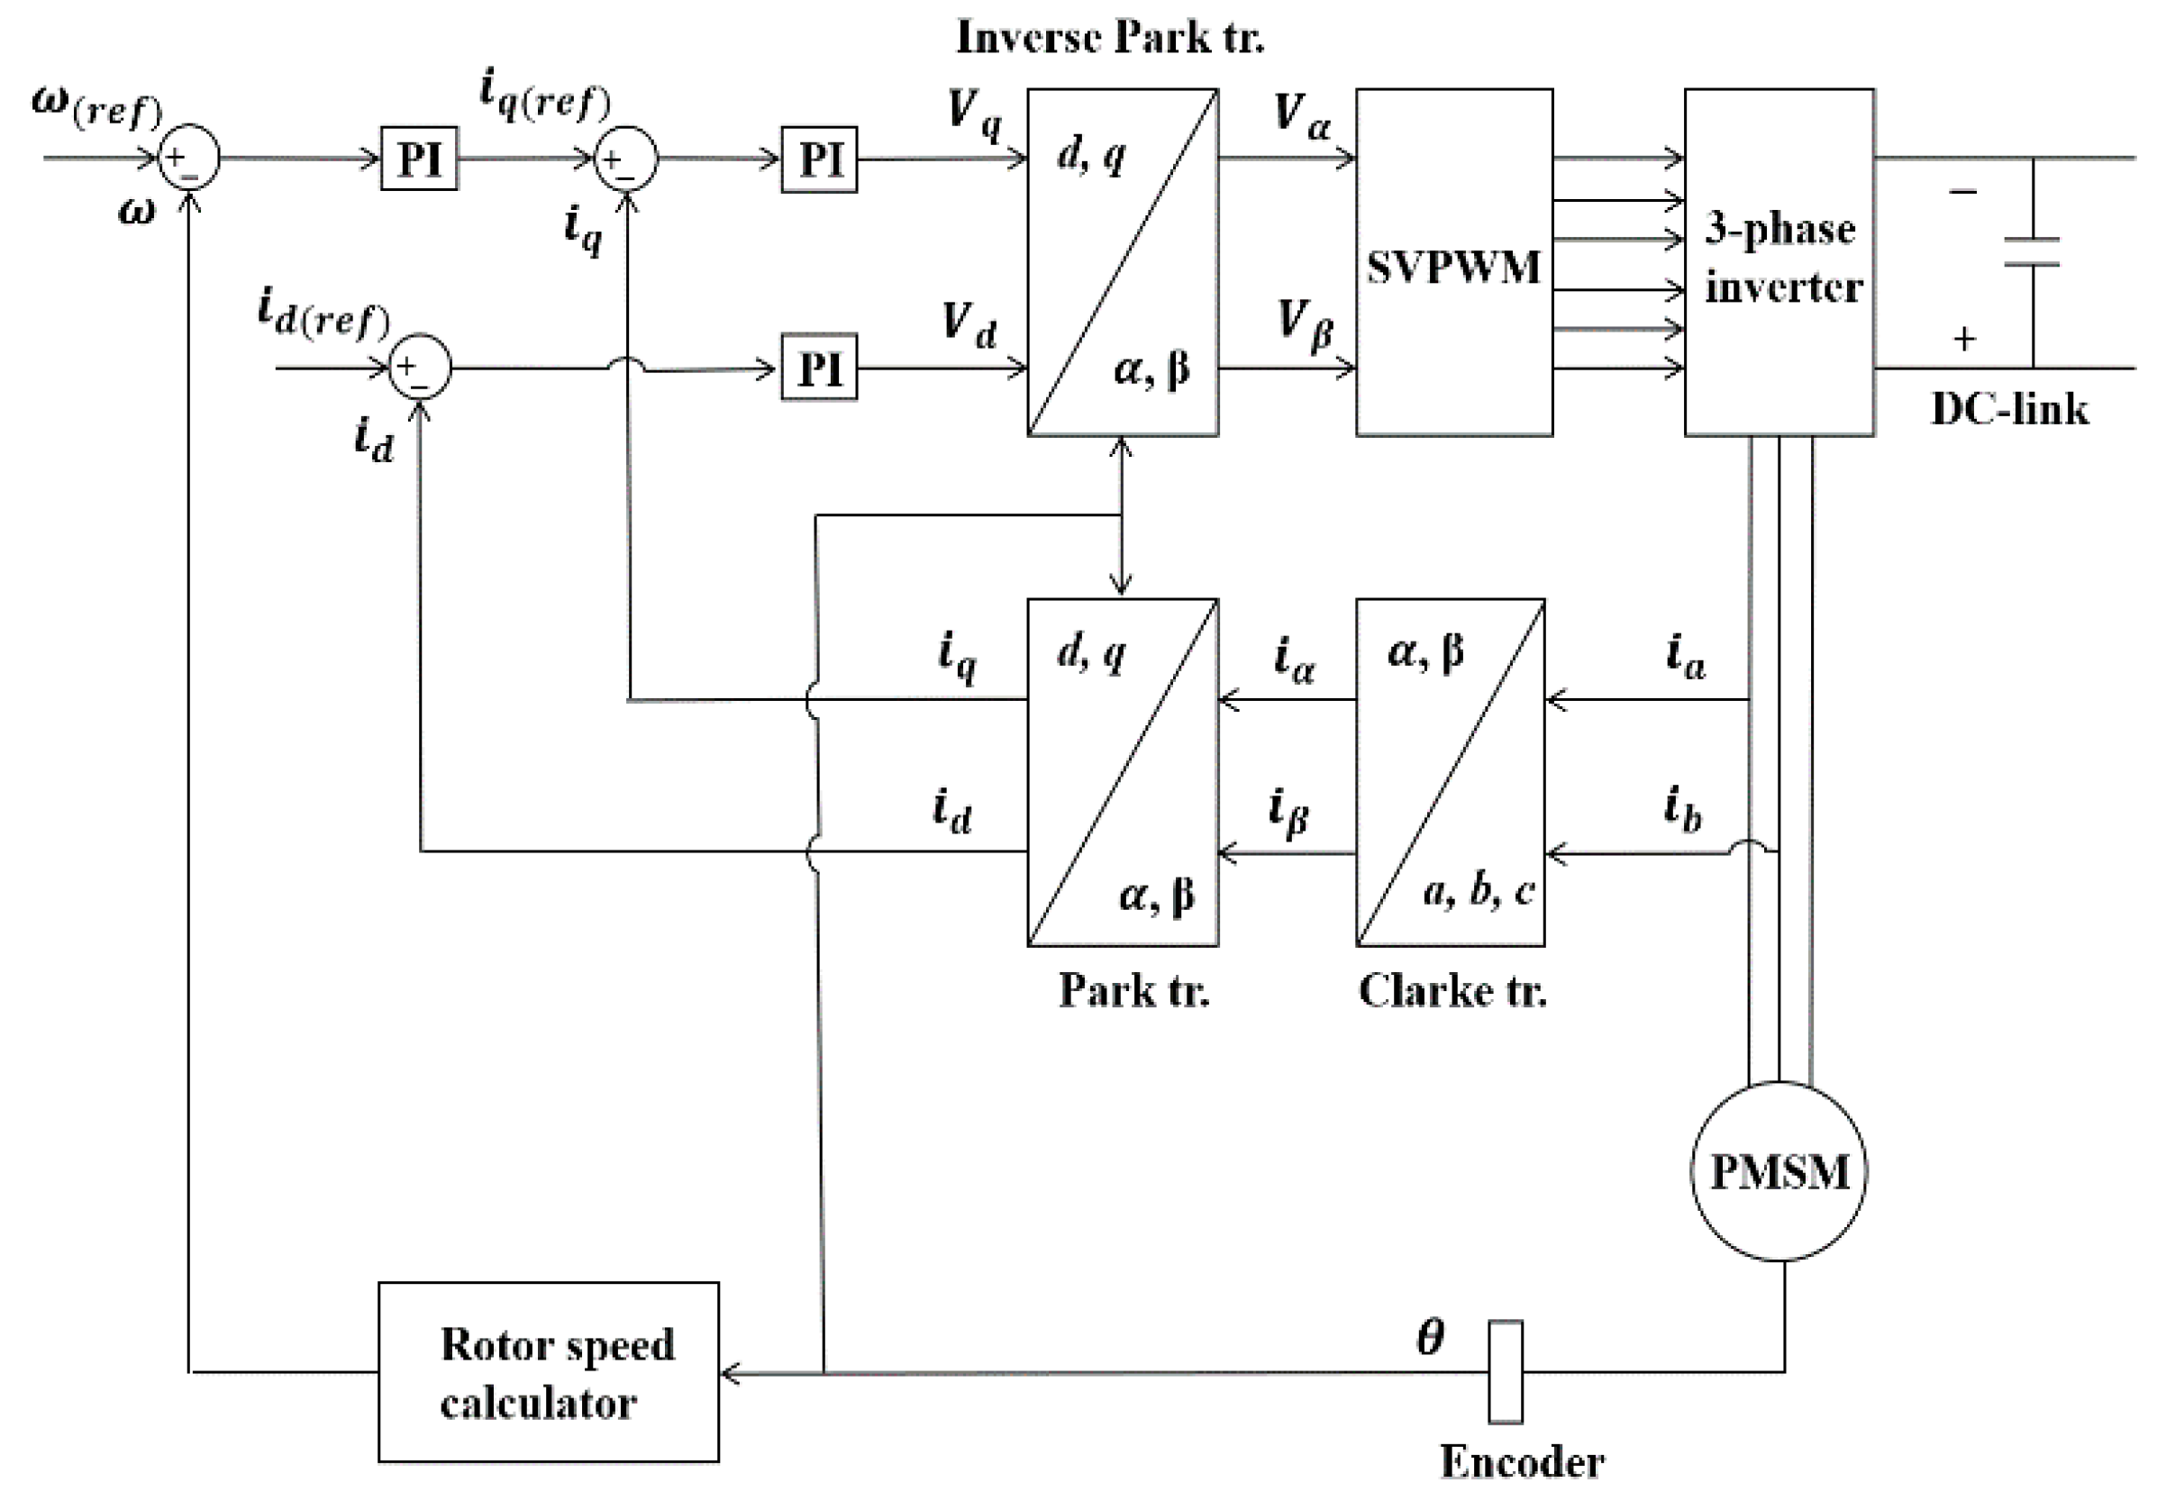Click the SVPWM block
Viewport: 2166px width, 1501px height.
[1453, 263]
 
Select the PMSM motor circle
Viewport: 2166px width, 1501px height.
[1778, 1172]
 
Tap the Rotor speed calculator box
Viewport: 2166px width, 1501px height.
[549, 1372]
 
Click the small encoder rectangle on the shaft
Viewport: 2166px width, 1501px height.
[1505, 1372]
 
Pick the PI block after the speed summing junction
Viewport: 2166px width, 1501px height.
[419, 158]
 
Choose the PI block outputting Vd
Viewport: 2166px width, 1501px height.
[819, 368]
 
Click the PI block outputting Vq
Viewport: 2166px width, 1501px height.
[819, 159]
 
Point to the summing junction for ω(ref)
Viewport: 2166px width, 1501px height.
[189, 158]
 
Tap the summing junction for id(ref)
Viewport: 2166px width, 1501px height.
[420, 367]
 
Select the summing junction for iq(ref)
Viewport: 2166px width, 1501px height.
[626, 159]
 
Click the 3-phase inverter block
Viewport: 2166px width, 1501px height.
[1779, 261]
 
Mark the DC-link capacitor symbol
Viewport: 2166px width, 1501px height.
[2032, 252]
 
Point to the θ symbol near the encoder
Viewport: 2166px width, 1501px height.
[1431, 1336]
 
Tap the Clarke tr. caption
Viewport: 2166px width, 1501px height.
[1452, 990]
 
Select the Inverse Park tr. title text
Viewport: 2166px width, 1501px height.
[1110, 38]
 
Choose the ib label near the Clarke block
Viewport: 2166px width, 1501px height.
[1681, 810]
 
